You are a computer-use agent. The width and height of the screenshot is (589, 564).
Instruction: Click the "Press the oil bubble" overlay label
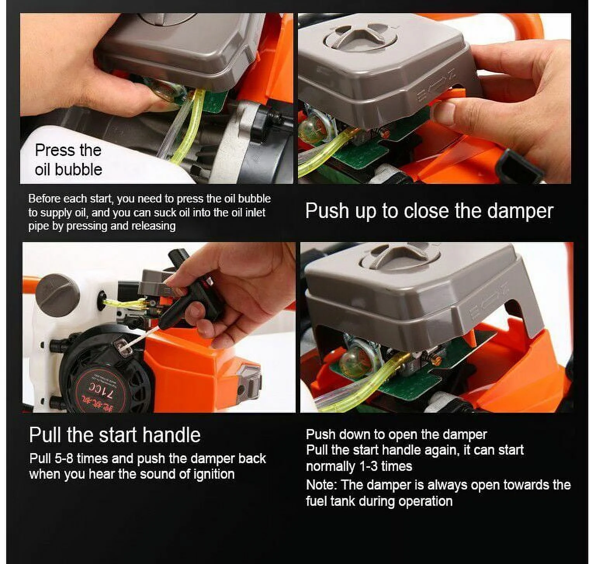point(68,160)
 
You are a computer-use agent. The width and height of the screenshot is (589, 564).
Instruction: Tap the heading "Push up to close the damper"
point(429,211)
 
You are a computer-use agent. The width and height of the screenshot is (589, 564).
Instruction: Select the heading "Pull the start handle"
point(114,435)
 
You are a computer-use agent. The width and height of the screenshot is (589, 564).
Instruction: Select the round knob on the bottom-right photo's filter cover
point(400,256)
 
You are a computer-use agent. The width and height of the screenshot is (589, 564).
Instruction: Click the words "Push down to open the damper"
point(396,434)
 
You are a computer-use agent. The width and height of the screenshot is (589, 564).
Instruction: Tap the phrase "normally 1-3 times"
point(359,466)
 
